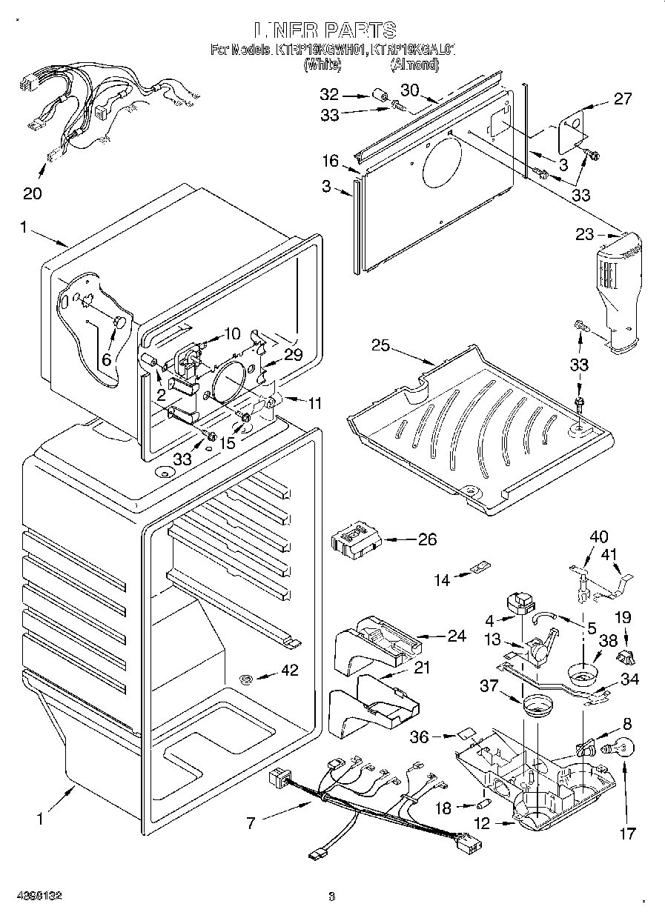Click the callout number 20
tap(32, 193)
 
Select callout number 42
tap(289, 671)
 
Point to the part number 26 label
tap(427, 539)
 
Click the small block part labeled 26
tap(354, 539)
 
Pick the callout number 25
tap(381, 345)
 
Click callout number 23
tap(585, 235)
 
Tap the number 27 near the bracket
tap(623, 99)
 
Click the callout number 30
tap(410, 90)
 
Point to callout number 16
tap(330, 161)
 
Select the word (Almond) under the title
tap(415, 65)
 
